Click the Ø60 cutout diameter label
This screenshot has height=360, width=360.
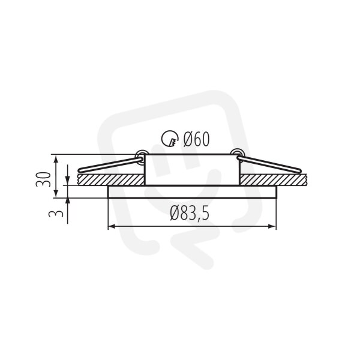196,139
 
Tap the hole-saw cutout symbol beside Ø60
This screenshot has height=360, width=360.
170,139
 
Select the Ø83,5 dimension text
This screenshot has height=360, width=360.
190,213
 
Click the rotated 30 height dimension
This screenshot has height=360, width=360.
43,179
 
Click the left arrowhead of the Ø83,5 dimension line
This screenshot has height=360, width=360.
112,227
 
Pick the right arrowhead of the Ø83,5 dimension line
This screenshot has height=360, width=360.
272,227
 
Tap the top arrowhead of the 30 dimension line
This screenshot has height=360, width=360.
56,158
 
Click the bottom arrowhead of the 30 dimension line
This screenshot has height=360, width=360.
56,194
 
